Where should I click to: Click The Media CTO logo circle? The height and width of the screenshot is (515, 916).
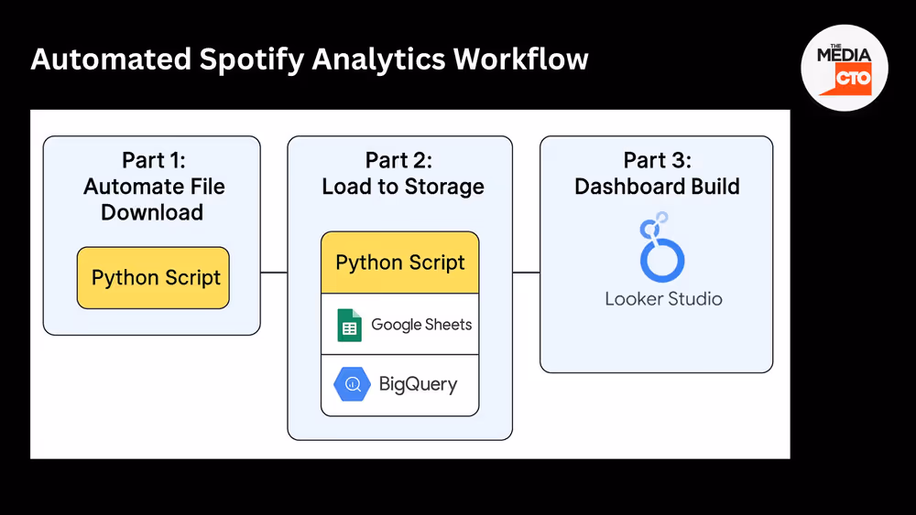coord(845,68)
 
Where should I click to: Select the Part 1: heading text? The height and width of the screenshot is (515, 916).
coord(153,160)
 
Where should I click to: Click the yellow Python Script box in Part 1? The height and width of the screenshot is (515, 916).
coord(153,277)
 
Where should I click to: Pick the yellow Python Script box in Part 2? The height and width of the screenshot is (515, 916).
coord(400,263)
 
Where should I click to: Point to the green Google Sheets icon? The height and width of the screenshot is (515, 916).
coord(349,325)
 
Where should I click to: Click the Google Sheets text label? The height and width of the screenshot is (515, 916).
coord(421,325)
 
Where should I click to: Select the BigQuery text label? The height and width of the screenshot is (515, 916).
coord(418,385)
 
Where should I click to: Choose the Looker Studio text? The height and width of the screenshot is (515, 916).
coord(663,299)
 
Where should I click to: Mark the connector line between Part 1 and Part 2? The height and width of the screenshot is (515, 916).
coord(274,272)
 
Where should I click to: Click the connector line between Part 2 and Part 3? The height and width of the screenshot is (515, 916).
coord(526,272)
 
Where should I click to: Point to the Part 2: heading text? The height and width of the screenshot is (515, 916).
coord(398,160)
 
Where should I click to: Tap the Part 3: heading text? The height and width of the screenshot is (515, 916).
coord(657,160)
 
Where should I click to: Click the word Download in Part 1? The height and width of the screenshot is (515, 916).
coord(152,213)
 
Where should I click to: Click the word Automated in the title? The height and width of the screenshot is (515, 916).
coord(107,59)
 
